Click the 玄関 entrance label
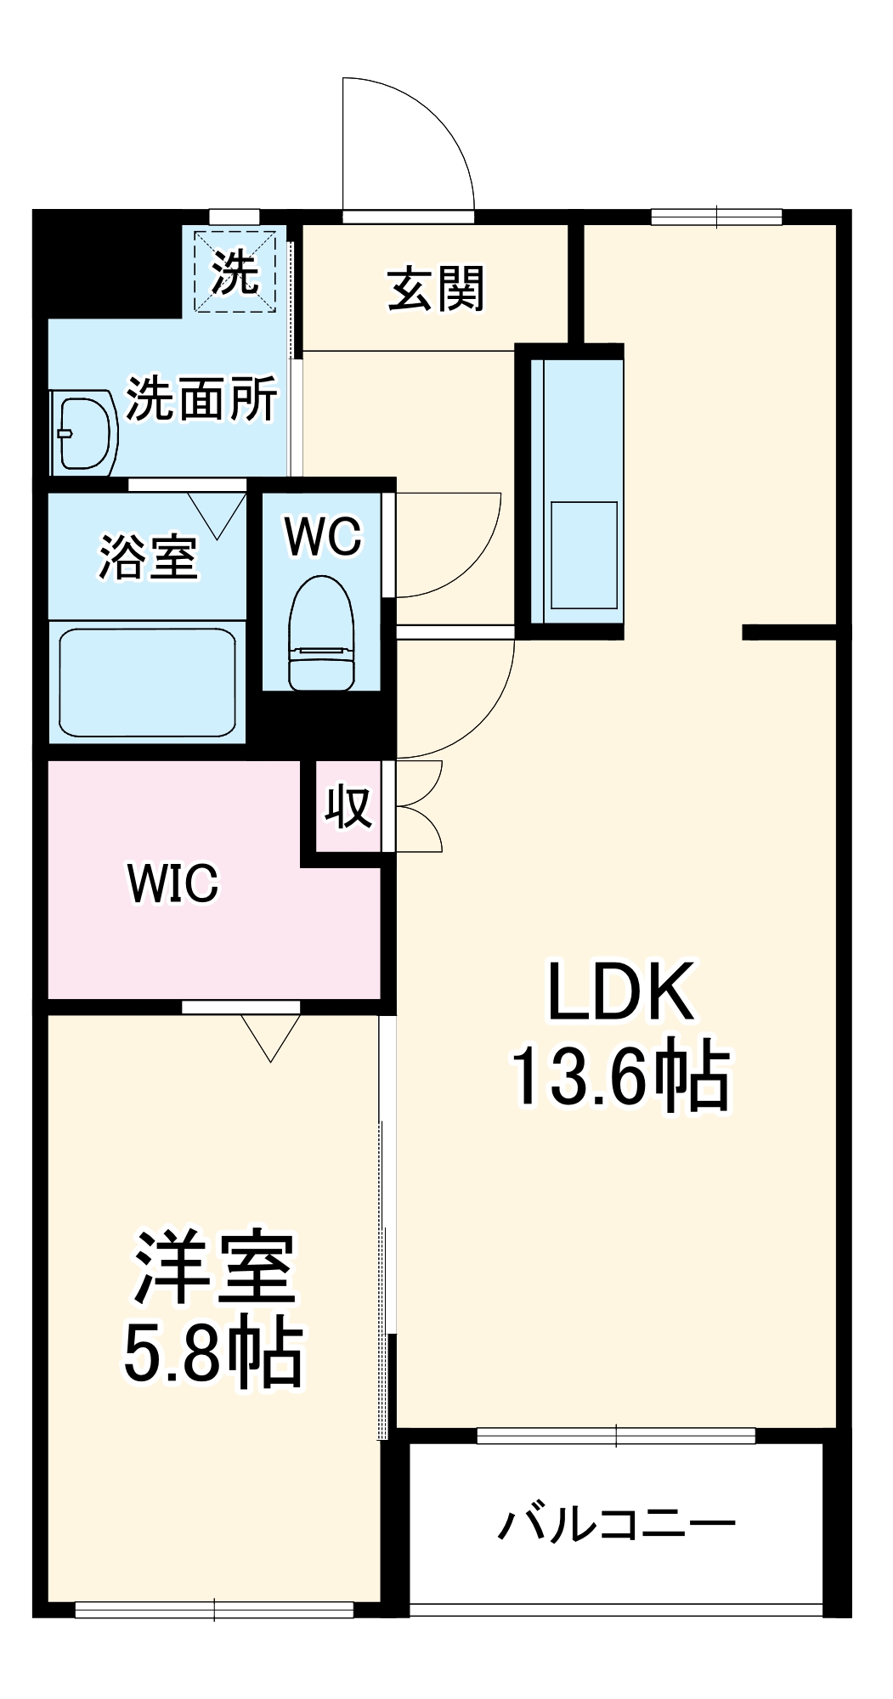pos(436,289)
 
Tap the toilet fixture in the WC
pos(321,634)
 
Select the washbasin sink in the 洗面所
pos(83,432)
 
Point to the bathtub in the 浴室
pos(147,682)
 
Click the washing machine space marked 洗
pos(235,272)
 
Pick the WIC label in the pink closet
pos(173,883)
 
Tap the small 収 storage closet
pos(348,806)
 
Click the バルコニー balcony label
pos(616,1524)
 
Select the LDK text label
pos(620,991)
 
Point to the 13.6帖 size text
pos(620,1076)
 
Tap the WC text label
pos(323,536)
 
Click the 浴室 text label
pos(149,557)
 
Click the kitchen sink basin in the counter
pos(584,555)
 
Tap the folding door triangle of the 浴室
pos(217,514)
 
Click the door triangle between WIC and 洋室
pos(270,1036)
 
